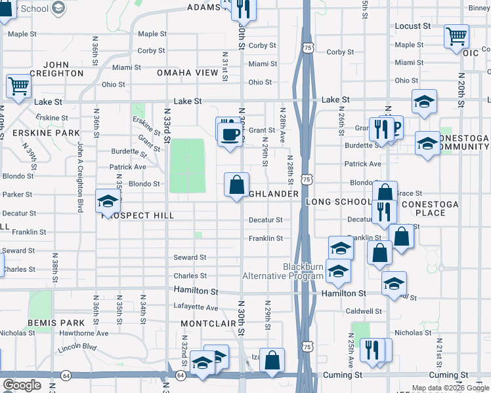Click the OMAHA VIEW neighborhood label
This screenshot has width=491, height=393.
(186, 73)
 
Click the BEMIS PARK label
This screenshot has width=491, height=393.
(56, 323)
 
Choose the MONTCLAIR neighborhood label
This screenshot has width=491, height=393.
(208, 324)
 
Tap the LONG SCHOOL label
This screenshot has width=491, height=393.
(339, 202)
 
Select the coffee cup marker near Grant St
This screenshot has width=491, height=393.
(229, 134)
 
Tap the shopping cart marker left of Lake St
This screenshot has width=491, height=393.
(18, 86)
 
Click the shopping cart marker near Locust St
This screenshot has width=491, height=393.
(456, 36)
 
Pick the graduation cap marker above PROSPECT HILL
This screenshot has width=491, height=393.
(108, 200)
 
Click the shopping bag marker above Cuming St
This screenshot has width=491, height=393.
(272, 360)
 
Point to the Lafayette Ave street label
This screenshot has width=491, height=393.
(196, 307)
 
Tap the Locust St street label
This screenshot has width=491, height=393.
(412, 26)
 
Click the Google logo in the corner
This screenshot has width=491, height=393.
(22, 385)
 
